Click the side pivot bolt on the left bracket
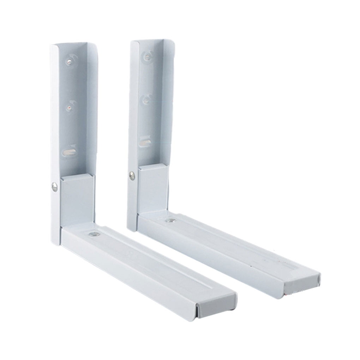click(54, 187)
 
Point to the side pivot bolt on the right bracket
click(132, 175)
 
